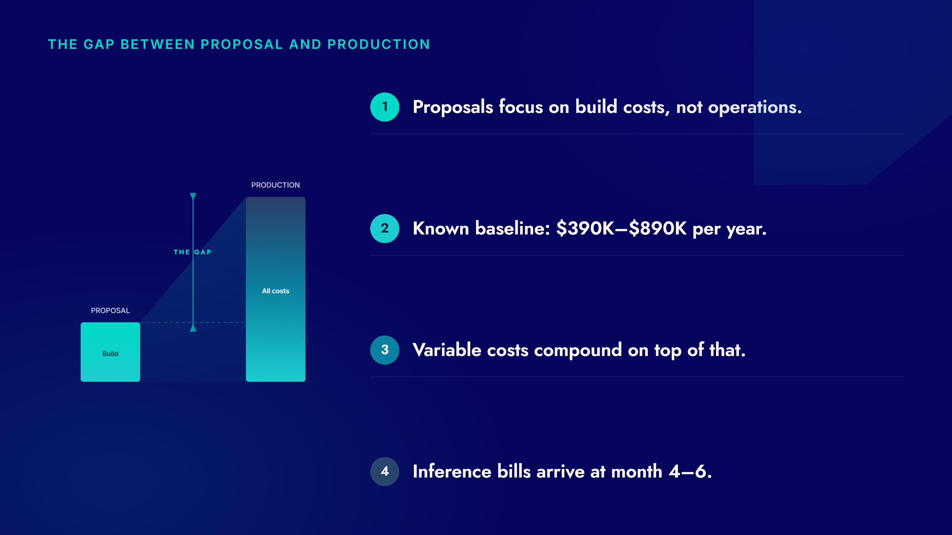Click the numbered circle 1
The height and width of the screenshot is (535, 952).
[x=384, y=107]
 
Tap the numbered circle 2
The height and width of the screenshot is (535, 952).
[x=384, y=228]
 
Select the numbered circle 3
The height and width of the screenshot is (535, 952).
[x=384, y=350]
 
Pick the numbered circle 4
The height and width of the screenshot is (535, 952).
[x=384, y=471]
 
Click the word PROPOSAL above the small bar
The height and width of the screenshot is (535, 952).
[x=110, y=310]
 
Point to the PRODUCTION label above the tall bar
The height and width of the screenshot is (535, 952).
[x=275, y=185]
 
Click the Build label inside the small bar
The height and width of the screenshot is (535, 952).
[x=110, y=354]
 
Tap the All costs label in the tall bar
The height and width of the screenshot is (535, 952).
[x=275, y=291]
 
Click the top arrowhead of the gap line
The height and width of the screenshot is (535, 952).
[x=193, y=196]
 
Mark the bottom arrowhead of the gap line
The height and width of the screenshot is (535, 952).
[x=193, y=328]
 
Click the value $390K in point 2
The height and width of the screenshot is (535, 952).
[x=585, y=228]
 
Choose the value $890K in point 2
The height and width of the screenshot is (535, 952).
[x=657, y=228]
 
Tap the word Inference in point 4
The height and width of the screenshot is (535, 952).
[x=452, y=472]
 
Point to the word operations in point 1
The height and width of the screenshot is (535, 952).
[x=755, y=107]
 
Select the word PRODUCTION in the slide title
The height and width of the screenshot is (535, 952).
[x=379, y=44]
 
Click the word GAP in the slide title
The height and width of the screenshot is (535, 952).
[x=99, y=44]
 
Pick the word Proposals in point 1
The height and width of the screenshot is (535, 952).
[x=453, y=107]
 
